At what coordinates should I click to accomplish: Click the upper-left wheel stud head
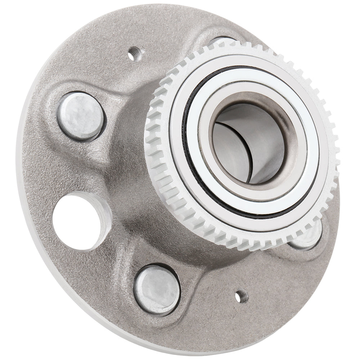coord(81,116)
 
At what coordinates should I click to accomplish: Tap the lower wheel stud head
coord(157,289)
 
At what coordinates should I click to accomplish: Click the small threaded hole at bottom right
coord(240,297)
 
